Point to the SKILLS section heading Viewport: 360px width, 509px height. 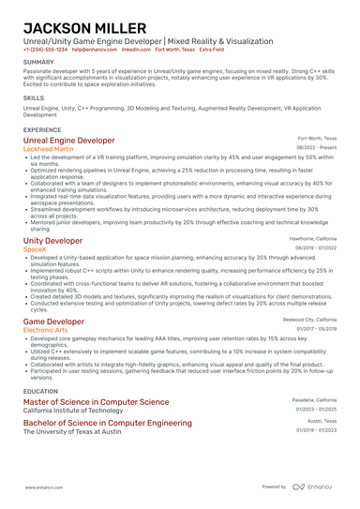(34, 97)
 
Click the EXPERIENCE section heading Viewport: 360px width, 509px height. (42, 129)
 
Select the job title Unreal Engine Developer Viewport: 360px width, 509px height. (68, 140)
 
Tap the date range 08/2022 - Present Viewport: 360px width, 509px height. (316, 147)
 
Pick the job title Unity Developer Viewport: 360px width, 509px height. (52, 240)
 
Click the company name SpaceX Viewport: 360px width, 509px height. (34, 249)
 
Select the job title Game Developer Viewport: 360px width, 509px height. (52, 322)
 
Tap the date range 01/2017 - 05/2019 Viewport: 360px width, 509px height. (317, 329)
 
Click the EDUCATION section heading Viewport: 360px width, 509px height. (40, 391)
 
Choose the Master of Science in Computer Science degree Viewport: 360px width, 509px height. (96, 401)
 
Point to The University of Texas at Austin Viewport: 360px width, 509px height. (71, 431)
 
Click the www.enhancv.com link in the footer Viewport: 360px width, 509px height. (42, 487)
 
